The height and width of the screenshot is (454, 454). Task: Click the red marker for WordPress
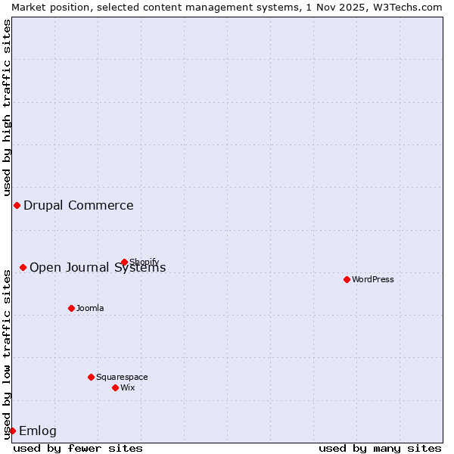pos(347,279)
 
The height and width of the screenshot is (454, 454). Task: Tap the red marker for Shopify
pos(125,263)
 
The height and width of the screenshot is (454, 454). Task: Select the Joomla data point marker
pos(72,308)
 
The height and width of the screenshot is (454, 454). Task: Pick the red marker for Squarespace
pos(92,377)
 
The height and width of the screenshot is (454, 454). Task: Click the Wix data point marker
pos(116,387)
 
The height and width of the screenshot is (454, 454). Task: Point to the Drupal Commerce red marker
pos(17,206)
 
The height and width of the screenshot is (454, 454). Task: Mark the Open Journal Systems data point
pos(23,267)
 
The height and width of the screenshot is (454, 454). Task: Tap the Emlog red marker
pos(12,431)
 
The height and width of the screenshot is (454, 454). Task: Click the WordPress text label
pos(373,279)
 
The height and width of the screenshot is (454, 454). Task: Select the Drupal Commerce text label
pos(79,206)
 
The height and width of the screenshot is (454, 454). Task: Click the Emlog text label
pos(38,431)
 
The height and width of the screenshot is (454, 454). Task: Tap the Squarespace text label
pos(122,377)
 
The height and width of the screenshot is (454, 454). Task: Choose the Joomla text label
pos(90,308)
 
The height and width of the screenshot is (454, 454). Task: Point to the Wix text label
pos(128,387)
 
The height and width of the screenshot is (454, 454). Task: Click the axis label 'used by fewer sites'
pos(78,448)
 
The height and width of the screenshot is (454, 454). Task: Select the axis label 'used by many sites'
pos(380,448)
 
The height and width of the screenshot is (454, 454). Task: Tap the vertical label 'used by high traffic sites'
pos(7,107)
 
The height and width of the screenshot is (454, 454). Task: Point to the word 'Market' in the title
pos(29,7)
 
